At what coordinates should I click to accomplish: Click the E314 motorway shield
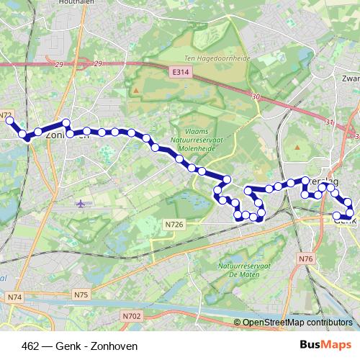(x=180, y=73)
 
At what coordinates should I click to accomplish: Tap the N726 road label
(x=175, y=225)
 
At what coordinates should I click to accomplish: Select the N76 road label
(x=307, y=258)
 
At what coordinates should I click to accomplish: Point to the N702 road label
(x=131, y=315)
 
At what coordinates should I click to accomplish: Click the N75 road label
(x=81, y=294)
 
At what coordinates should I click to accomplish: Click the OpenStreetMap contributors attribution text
(x=297, y=323)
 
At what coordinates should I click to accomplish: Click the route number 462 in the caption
(x=31, y=346)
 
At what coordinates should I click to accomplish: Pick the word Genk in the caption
(x=71, y=346)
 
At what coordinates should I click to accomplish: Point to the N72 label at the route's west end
(x=6, y=115)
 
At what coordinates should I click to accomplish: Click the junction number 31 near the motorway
(x=330, y=122)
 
